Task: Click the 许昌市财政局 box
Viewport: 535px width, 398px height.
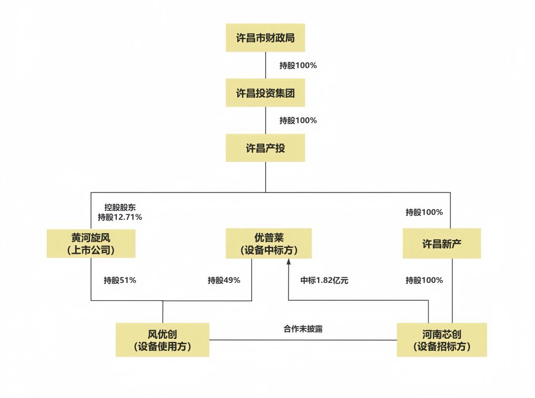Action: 265,38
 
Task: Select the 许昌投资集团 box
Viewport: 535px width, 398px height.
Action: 265,93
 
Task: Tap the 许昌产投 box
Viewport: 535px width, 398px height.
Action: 265,148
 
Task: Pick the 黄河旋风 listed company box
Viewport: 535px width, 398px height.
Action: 91,244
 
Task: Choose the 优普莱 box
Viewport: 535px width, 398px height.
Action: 269,244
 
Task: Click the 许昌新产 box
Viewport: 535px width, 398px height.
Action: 441,244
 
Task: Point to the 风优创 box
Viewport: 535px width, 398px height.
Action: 163,340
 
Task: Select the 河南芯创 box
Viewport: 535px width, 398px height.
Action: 442,340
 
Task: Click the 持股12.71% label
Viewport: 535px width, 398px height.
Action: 120,218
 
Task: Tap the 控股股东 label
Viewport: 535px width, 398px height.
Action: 120,207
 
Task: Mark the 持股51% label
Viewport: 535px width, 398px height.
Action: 120,280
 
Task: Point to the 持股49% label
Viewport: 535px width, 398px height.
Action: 224,280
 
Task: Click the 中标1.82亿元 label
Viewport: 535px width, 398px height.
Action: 324,280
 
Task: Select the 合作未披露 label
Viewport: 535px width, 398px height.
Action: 303,329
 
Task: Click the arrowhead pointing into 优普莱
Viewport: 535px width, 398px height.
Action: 289,262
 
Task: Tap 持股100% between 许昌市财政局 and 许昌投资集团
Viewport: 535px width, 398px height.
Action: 298,66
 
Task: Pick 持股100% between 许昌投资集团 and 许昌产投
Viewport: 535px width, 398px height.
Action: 298,121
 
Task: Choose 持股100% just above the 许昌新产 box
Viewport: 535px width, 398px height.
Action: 424,212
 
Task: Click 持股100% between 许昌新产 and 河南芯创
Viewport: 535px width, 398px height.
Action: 424,280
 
